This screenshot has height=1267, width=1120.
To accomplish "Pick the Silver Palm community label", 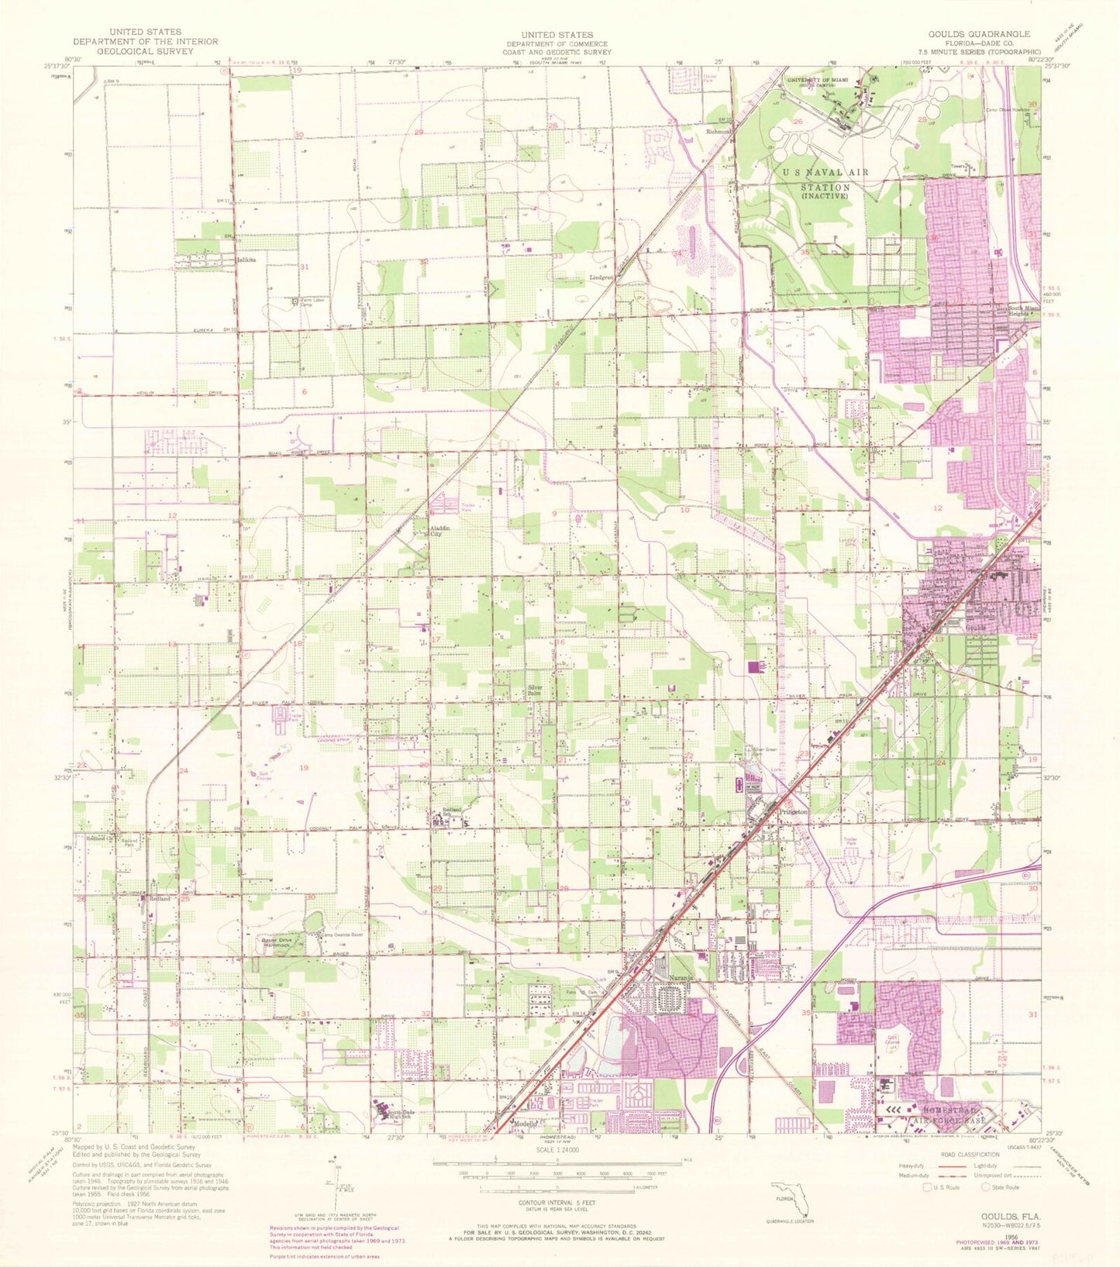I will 535,690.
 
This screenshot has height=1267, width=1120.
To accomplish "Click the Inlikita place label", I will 246,261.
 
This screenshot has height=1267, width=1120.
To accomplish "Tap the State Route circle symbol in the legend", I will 985,1186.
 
